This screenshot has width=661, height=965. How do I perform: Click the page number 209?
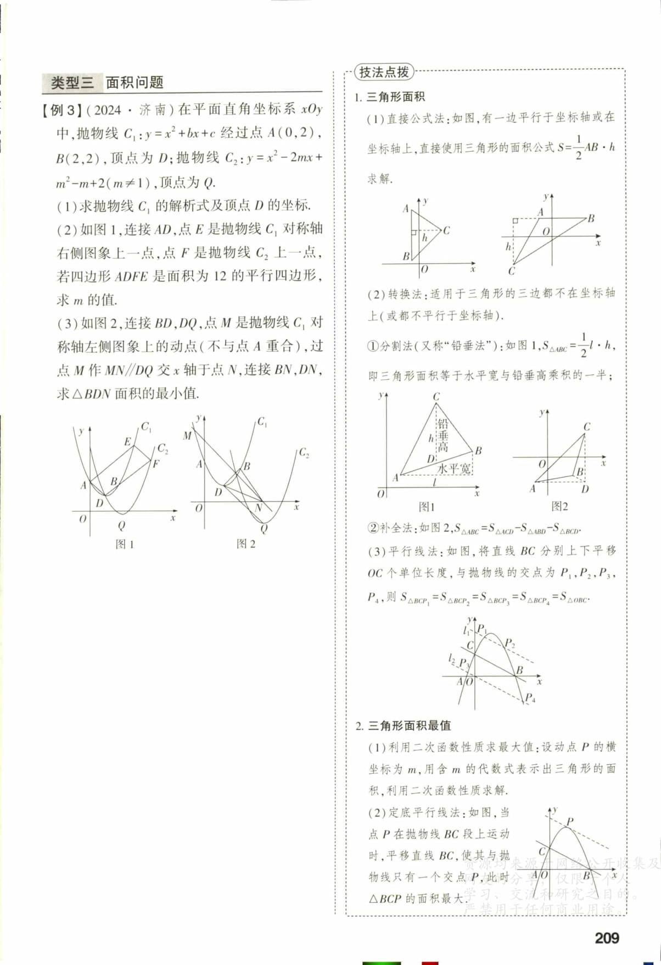pyautogui.click(x=607, y=938)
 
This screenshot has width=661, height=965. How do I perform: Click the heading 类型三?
pyautogui.click(x=72, y=83)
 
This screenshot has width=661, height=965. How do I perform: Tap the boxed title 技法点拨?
pyautogui.click(x=384, y=72)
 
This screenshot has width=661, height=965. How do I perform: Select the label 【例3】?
pyautogui.click(x=62, y=110)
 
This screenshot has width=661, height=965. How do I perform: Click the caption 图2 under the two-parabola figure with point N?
pyautogui.click(x=245, y=543)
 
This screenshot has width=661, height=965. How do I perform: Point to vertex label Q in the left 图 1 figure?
pyautogui.click(x=121, y=525)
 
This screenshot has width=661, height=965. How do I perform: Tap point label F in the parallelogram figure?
pyautogui.click(x=155, y=463)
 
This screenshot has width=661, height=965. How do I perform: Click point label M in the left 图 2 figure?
pyautogui.click(x=187, y=436)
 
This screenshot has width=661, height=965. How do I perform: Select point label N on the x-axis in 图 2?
pyautogui.click(x=259, y=508)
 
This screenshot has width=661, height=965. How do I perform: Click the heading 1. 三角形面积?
pyautogui.click(x=390, y=97)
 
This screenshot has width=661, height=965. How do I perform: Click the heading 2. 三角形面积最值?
pyautogui.click(x=403, y=725)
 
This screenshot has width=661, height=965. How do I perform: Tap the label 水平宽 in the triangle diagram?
pyautogui.click(x=454, y=469)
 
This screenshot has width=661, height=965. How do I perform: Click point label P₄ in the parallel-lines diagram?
pyautogui.click(x=529, y=698)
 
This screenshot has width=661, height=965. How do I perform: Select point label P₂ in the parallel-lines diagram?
pyautogui.click(x=509, y=643)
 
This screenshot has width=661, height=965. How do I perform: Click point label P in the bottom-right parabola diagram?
pyautogui.click(x=570, y=821)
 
